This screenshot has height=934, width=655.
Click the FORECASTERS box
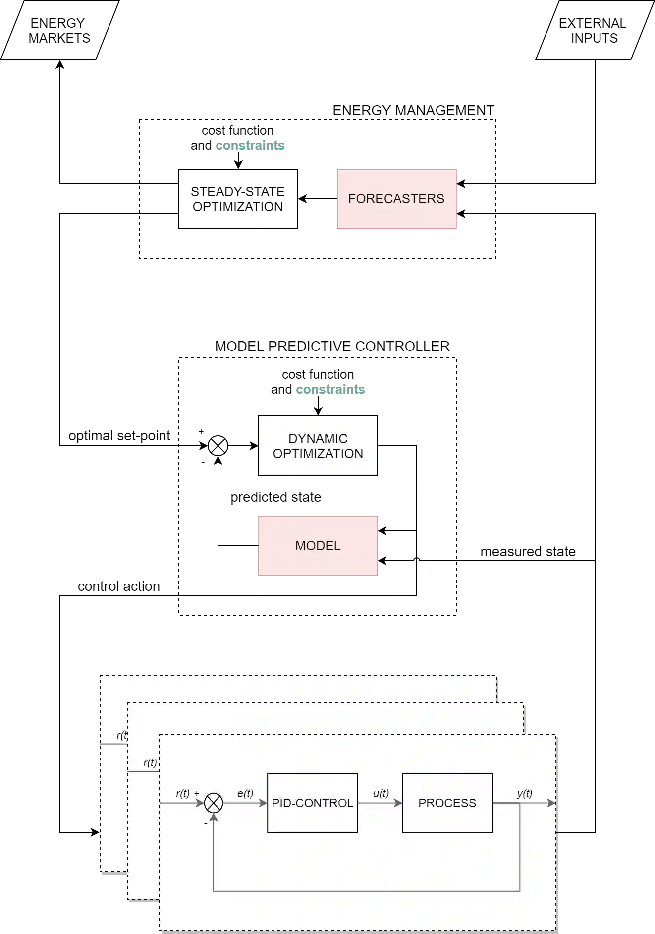397,198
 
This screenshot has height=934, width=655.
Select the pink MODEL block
318,546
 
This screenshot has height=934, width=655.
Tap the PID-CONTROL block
312,803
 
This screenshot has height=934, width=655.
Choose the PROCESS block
447,803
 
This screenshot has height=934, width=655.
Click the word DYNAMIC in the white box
318,439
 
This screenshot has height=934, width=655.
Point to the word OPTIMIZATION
318,454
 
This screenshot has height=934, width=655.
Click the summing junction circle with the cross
214,803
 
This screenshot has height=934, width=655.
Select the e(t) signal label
245,793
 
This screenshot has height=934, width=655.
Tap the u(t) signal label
381,793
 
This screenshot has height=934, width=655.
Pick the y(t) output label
524,793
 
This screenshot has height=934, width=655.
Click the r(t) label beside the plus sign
182,793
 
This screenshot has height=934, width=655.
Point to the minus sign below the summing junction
206,823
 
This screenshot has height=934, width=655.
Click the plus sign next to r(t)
197,794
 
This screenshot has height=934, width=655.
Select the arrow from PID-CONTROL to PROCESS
380,803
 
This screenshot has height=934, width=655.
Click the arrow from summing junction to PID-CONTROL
245,803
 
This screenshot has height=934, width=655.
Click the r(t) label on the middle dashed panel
150,763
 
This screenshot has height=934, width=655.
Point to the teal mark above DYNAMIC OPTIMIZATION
330,390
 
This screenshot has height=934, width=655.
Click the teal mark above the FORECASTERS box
250,146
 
